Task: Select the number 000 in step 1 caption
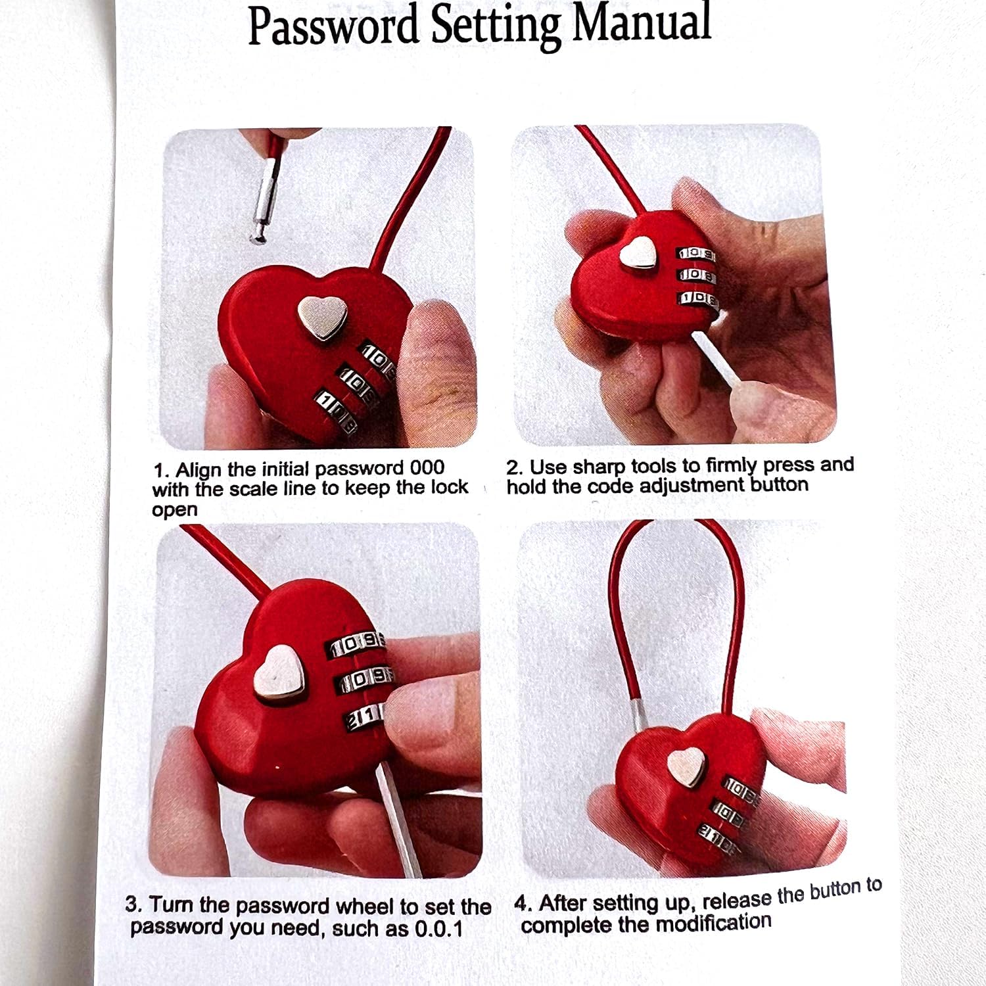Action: pyautogui.click(x=427, y=468)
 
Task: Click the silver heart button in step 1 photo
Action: pyautogui.click(x=323, y=317)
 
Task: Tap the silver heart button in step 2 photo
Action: pyautogui.click(x=639, y=252)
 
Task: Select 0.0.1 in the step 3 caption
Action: pyautogui.click(x=439, y=929)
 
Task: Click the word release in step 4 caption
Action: pyautogui.click(x=736, y=898)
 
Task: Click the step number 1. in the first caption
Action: pyautogui.click(x=162, y=471)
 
